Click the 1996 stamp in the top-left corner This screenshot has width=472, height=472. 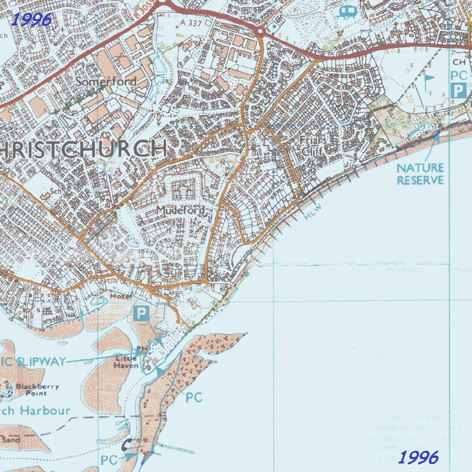coord(31,19)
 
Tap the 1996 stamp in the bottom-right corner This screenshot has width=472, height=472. coord(419,457)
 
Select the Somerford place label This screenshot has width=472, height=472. coord(106,82)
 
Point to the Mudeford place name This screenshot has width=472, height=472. coord(181,210)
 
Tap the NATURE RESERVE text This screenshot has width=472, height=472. coord(420,174)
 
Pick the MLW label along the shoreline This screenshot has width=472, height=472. coord(312,211)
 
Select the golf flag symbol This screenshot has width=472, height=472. coord(428,82)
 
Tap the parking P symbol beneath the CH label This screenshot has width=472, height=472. coord(458,90)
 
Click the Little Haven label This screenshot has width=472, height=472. coord(127,362)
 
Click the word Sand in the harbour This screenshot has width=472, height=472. coord(11,439)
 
